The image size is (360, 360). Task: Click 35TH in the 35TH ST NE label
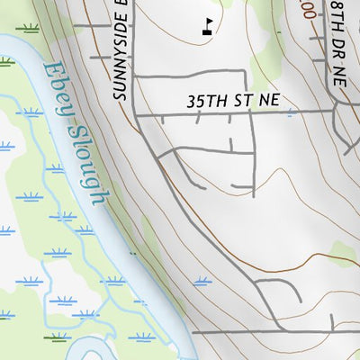coord(203,103)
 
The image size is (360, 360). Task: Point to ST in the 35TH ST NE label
coord(238,103)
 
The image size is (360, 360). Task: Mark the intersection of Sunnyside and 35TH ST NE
coord(134,114)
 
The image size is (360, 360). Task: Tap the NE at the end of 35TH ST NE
coord(266,103)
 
